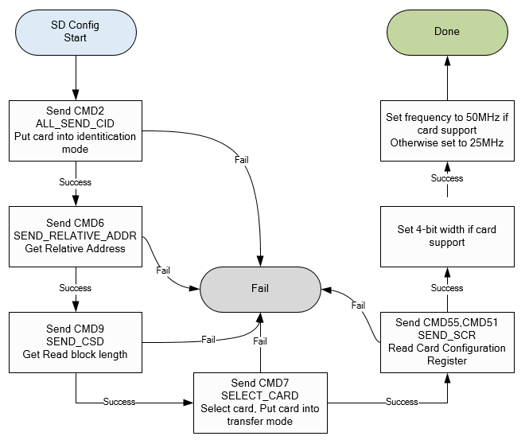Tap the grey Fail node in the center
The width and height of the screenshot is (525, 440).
click(259, 289)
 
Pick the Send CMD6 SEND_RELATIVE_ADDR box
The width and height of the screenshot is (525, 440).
click(75, 236)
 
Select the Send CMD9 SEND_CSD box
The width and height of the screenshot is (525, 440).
click(75, 342)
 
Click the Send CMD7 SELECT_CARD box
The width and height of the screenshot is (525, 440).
click(259, 401)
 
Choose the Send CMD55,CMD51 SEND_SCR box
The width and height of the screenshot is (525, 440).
click(446, 342)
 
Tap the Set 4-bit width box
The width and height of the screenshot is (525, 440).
click(446, 236)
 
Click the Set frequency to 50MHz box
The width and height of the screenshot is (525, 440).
click(446, 130)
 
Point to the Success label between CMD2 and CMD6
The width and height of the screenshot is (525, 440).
click(75, 182)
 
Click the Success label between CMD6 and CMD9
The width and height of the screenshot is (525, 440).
click(75, 288)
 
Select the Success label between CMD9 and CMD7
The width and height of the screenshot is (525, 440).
click(119, 402)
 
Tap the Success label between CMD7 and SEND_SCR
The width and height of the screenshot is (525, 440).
click(402, 402)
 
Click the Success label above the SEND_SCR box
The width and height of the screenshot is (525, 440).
click(446, 288)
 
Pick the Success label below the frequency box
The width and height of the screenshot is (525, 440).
click(446, 179)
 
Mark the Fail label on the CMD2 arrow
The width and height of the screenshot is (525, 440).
click(241, 160)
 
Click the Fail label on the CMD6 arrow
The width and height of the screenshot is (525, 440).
click(163, 271)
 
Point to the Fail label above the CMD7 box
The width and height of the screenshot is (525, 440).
click(259, 341)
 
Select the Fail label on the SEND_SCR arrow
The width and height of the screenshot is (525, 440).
click(359, 305)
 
